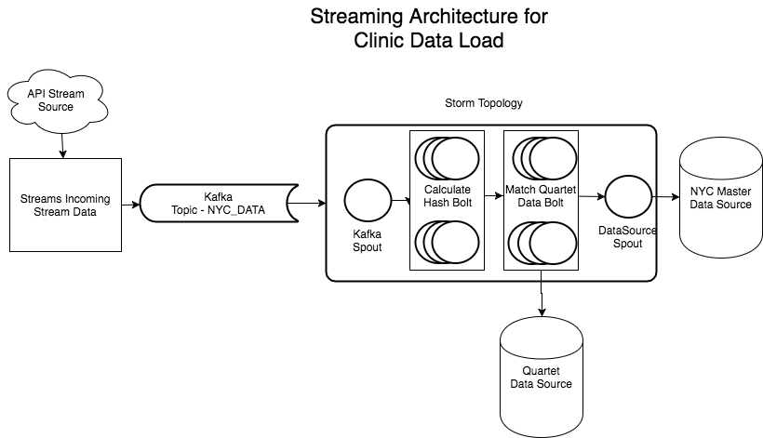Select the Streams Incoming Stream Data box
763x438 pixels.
65,205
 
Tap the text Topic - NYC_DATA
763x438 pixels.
219,210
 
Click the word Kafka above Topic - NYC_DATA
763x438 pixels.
219,197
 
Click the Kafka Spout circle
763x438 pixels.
366,202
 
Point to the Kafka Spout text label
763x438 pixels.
366,242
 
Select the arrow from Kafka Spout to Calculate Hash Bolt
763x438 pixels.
400,200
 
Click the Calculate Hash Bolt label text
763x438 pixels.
447,195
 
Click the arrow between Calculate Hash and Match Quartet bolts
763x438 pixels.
494,198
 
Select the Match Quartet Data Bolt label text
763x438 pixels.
541,195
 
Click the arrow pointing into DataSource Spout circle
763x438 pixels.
591,196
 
